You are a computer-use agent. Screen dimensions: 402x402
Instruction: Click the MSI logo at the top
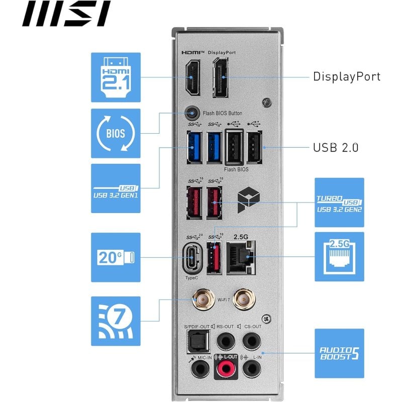click(65, 14)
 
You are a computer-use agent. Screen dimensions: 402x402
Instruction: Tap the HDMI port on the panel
click(193, 78)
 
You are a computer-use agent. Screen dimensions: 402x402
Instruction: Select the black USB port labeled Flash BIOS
click(235, 146)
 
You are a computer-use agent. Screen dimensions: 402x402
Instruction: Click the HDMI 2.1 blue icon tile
click(116, 76)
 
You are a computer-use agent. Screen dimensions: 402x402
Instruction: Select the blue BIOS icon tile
click(116, 133)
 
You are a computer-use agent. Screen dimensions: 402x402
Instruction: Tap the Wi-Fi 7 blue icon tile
click(116, 321)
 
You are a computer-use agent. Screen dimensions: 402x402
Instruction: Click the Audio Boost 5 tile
click(339, 353)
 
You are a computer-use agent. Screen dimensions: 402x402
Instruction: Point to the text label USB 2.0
click(336, 148)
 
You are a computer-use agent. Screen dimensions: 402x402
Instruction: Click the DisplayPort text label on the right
click(346, 76)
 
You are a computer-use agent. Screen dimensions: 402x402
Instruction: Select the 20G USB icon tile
click(116, 257)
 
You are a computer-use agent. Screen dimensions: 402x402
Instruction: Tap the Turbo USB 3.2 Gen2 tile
click(339, 203)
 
